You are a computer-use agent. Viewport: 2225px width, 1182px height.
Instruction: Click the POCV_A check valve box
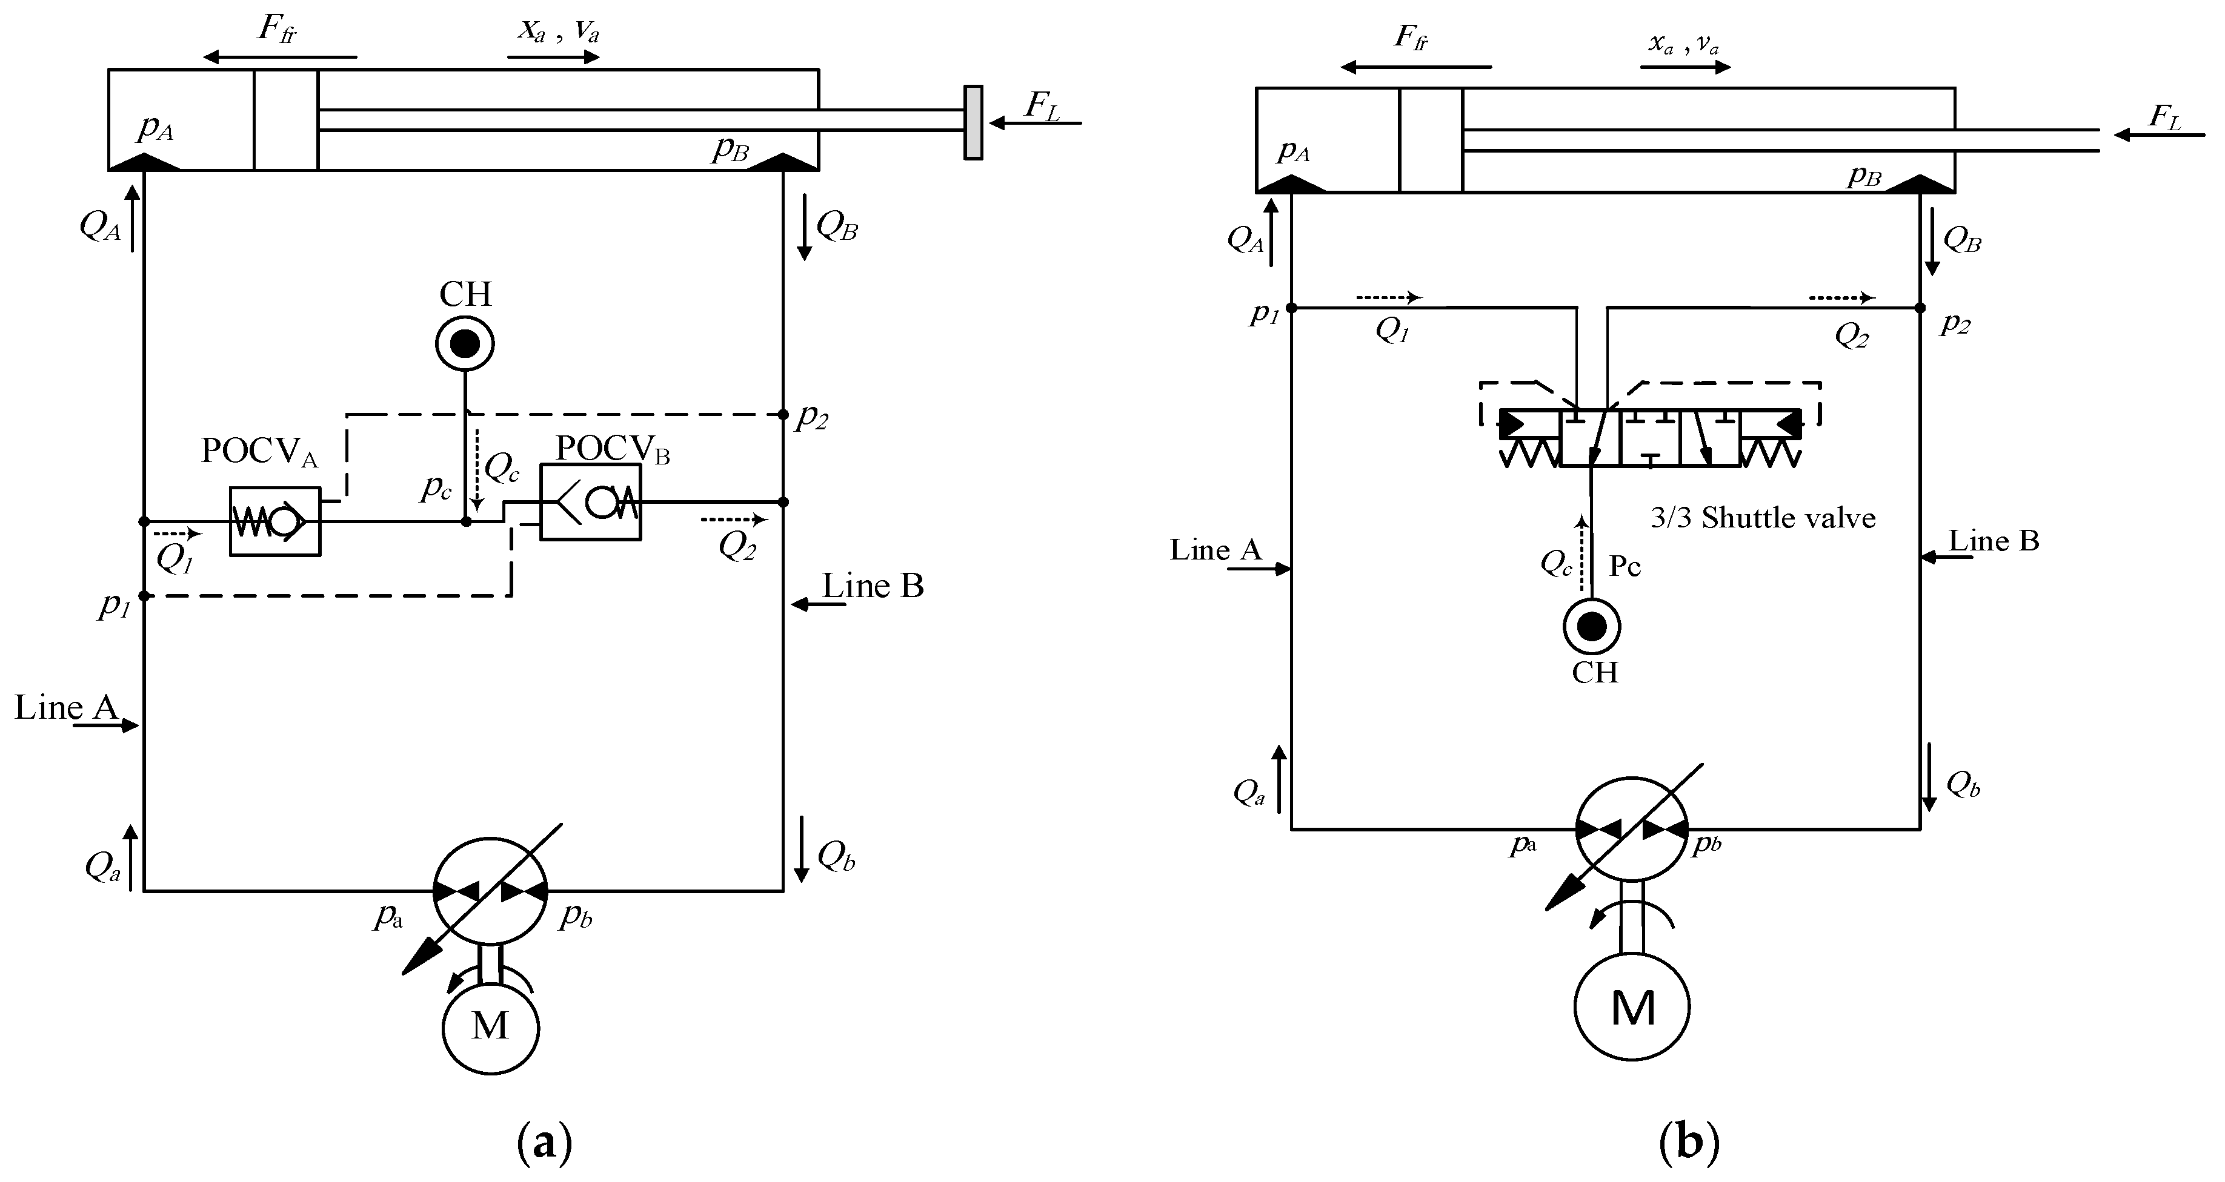click(274, 521)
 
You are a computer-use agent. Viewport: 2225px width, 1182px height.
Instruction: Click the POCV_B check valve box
click(591, 503)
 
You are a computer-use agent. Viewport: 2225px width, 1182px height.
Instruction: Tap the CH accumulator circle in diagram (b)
click(1591, 627)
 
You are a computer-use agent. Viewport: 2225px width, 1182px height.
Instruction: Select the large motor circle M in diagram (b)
click(1632, 1007)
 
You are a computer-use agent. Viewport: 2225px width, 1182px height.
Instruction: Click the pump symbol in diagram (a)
click(490, 891)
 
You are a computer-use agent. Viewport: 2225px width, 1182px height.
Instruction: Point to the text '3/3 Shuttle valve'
click(1763, 518)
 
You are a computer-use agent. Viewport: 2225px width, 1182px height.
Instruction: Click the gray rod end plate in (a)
click(973, 122)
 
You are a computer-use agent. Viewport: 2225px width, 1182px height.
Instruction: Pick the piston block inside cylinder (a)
click(286, 120)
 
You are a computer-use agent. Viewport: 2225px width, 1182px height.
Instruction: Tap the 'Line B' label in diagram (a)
click(873, 586)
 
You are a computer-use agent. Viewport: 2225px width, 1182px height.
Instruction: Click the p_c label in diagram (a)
click(436, 488)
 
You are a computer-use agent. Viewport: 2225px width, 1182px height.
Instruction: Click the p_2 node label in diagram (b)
click(1955, 325)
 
